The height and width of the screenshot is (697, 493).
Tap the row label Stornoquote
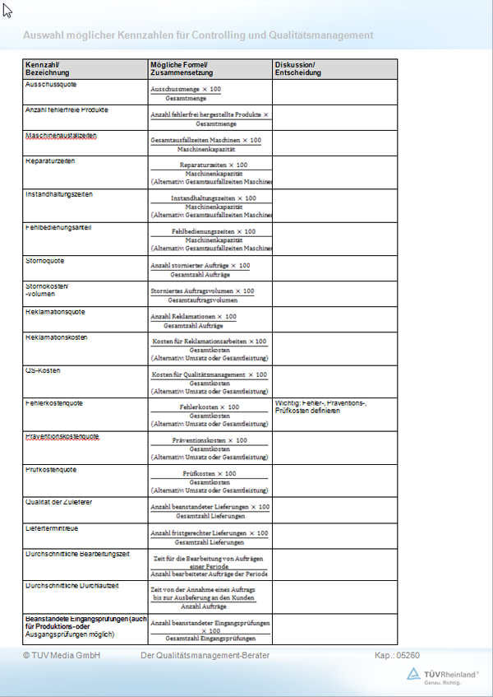click(x=45, y=261)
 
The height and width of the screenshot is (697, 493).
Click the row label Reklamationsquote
click(x=56, y=312)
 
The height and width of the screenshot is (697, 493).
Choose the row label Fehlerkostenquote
click(x=54, y=403)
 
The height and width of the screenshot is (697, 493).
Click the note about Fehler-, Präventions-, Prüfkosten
click(x=320, y=407)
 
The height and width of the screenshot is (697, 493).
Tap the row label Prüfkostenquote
click(x=51, y=469)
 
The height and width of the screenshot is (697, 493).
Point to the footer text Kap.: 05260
click(x=398, y=655)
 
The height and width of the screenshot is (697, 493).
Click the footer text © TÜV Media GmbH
click(x=62, y=655)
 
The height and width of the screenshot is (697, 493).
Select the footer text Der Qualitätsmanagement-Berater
click(x=205, y=655)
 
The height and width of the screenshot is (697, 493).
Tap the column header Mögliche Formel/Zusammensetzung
click(x=179, y=68)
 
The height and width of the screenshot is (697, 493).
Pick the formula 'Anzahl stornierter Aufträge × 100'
click(x=200, y=265)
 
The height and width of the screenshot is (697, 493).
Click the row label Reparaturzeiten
click(x=50, y=160)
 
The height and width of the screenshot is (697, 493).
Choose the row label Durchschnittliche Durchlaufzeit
click(x=73, y=585)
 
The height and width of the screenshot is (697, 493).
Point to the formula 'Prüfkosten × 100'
click(x=209, y=473)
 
